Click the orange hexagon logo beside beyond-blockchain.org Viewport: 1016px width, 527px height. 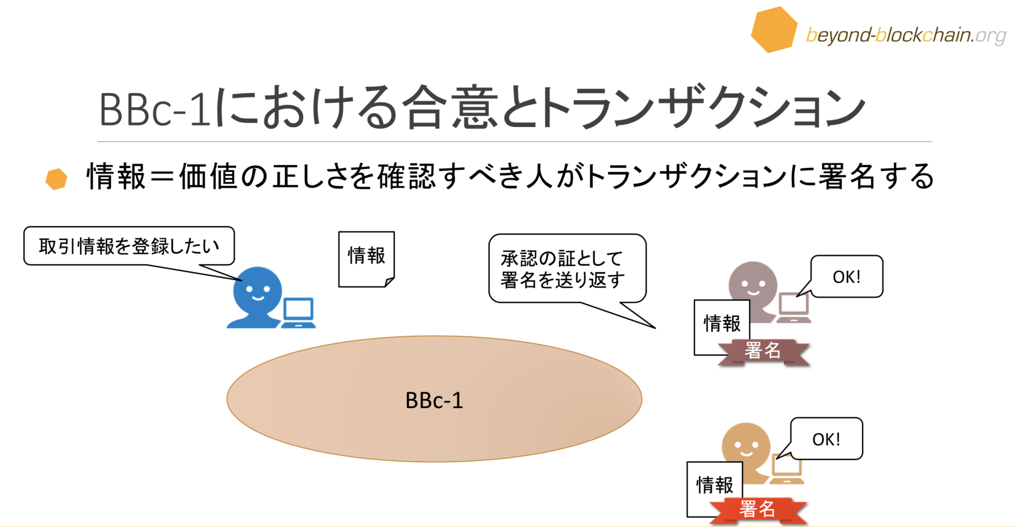click(774, 29)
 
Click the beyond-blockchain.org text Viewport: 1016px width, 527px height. click(906, 35)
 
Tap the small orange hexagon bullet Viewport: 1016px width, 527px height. click(56, 179)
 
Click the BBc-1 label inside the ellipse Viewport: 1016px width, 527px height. click(434, 400)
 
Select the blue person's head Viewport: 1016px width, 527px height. click(257, 290)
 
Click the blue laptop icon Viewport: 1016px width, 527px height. click(299, 312)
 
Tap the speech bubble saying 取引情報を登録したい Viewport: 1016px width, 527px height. click(129, 246)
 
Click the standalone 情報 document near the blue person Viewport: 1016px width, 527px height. click(366, 259)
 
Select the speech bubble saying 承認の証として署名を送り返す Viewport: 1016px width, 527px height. click(567, 269)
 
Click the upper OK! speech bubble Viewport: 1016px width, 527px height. click(847, 277)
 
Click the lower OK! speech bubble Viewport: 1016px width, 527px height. click(827, 439)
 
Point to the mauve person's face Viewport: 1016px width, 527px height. click(753, 285)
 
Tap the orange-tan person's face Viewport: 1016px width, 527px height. click(746, 446)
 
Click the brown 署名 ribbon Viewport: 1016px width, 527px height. click(763, 351)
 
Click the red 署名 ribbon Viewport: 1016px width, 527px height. click(758, 510)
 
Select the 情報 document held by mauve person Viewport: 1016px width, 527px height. click(722, 327)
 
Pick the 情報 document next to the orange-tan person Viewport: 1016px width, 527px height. click(715, 489)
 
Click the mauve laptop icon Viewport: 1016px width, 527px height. click(794, 308)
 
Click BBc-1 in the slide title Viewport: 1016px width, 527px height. click(155, 109)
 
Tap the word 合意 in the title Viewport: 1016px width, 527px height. click(449, 107)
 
